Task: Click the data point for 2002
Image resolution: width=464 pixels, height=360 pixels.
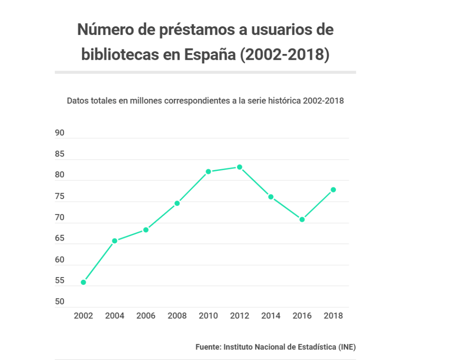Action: pos(83,282)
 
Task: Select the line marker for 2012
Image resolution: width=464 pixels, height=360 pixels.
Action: pos(240,167)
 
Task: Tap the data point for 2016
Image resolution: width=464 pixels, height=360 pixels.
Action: pos(302,219)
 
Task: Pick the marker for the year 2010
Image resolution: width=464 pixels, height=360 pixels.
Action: pos(208,172)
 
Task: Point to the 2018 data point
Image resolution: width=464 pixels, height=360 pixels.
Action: pos(333,190)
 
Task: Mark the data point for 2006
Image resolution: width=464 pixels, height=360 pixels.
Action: pos(146,230)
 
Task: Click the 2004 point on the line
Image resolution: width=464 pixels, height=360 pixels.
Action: pos(115,241)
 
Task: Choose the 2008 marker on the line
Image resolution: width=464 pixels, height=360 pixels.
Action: pos(177,203)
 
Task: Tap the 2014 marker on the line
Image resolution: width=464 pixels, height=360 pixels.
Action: pos(271,197)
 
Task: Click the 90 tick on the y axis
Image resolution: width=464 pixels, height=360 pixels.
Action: pos(59,133)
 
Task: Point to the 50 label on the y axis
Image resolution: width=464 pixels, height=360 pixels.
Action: pos(59,302)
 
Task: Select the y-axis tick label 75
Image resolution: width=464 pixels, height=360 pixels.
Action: pos(59,197)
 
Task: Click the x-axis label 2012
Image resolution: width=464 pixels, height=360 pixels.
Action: pos(240,316)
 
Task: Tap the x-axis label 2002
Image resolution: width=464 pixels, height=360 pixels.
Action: pos(83,316)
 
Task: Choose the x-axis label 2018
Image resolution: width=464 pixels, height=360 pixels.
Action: pos(333,316)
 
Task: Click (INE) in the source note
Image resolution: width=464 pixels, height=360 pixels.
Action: pos(347,347)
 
